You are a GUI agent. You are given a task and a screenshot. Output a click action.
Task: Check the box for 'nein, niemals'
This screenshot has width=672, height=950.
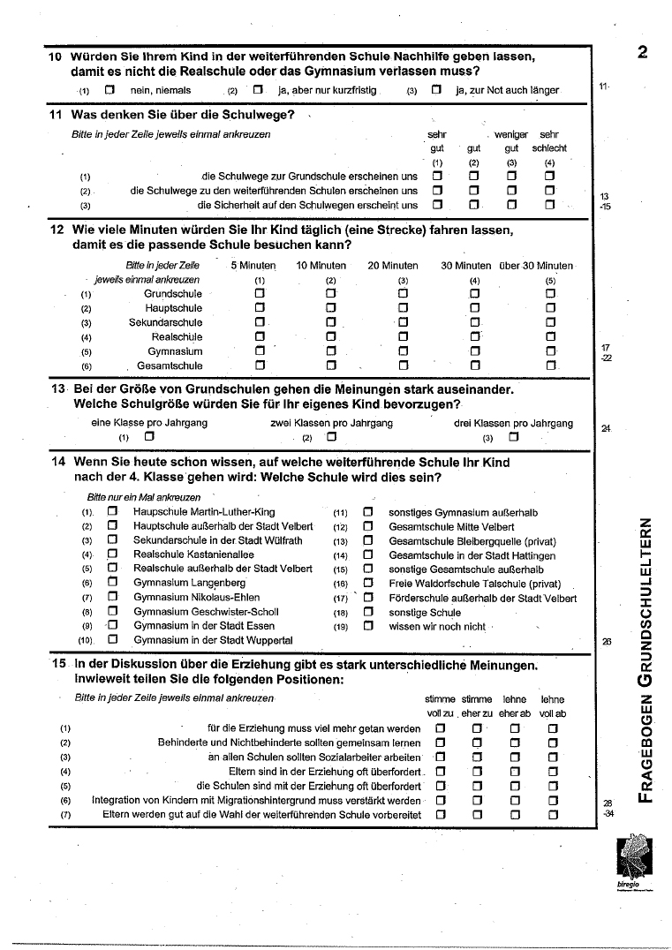[x=109, y=90]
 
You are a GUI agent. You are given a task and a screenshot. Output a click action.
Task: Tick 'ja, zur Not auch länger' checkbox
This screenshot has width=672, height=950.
[x=436, y=90]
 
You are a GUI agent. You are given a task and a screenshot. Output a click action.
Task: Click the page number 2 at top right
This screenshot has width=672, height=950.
[x=642, y=52]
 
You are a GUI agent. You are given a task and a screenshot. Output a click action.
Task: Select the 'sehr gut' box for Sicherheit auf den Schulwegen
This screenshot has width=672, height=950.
[x=436, y=205]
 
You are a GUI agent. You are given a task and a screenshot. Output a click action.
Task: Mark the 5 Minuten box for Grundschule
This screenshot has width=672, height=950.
[x=260, y=294]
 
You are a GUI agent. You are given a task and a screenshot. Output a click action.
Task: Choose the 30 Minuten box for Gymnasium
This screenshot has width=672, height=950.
[x=475, y=351]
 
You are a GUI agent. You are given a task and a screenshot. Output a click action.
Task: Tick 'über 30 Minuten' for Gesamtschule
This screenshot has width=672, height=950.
[x=551, y=366]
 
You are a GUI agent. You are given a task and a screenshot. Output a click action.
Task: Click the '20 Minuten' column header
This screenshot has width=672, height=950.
[x=393, y=266]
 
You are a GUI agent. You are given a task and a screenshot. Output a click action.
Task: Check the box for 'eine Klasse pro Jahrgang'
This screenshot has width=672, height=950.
[x=148, y=436]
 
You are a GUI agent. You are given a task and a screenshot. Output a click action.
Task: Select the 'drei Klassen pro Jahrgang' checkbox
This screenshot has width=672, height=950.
[x=513, y=436]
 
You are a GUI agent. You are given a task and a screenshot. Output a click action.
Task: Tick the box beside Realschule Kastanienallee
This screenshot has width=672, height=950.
[x=112, y=554]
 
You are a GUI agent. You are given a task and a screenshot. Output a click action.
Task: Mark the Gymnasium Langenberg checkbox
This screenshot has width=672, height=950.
[x=112, y=583]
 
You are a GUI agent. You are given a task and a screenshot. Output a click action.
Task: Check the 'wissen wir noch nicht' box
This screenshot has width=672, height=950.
[x=368, y=626]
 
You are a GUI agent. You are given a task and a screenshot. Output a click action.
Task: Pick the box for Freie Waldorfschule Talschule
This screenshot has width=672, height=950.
[x=368, y=584]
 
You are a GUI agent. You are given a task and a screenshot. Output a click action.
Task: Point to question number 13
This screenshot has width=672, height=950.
[x=58, y=389]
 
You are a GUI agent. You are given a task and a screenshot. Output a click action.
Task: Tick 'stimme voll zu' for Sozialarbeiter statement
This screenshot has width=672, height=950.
[x=439, y=758]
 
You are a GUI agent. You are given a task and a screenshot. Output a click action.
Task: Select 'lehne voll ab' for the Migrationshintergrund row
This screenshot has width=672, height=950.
[x=553, y=800]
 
